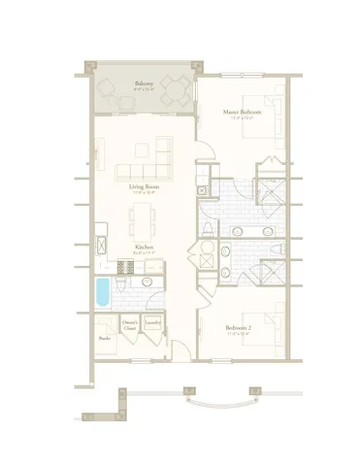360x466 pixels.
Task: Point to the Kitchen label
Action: (144, 247)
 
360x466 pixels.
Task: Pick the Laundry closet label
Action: (153, 321)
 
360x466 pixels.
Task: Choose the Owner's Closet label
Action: (130, 322)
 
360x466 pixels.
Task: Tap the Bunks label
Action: (104, 338)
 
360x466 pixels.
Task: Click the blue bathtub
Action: (104, 291)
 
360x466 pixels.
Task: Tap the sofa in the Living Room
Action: (144, 172)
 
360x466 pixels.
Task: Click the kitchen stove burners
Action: (124, 265)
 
